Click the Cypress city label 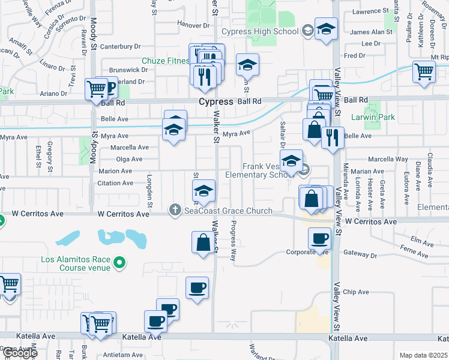[x=216, y=102]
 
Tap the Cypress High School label [x=259, y=31]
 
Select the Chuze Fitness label [x=166, y=61]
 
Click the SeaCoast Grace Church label [x=228, y=211]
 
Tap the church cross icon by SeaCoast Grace [x=175, y=209]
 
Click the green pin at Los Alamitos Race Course [x=120, y=262]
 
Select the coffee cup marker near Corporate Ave [x=319, y=238]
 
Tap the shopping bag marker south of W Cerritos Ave [x=203, y=242]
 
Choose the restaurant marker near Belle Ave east [x=332, y=137]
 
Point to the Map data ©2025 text [x=423, y=355]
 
